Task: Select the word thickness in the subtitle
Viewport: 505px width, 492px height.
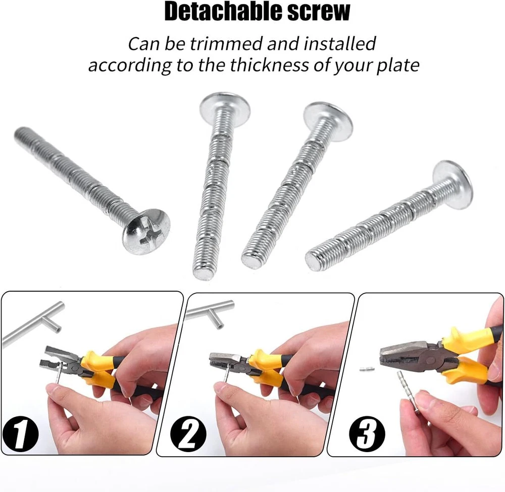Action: (269, 65)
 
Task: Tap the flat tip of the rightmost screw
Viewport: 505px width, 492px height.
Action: (314, 261)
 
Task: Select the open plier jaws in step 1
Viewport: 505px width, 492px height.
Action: (60, 357)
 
